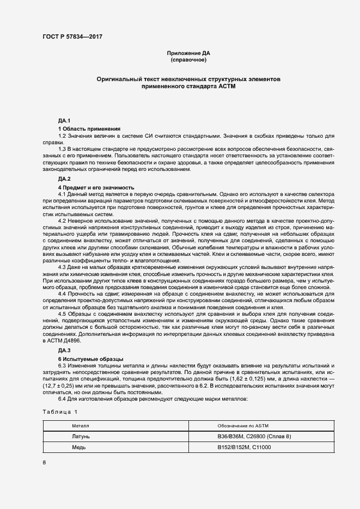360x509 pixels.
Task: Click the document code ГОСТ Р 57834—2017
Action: [72, 36]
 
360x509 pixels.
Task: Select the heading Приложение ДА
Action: [188, 53]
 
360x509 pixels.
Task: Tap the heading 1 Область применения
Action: [89, 128]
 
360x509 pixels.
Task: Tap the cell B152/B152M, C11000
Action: [244, 447]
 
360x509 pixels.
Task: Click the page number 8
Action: [44, 463]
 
